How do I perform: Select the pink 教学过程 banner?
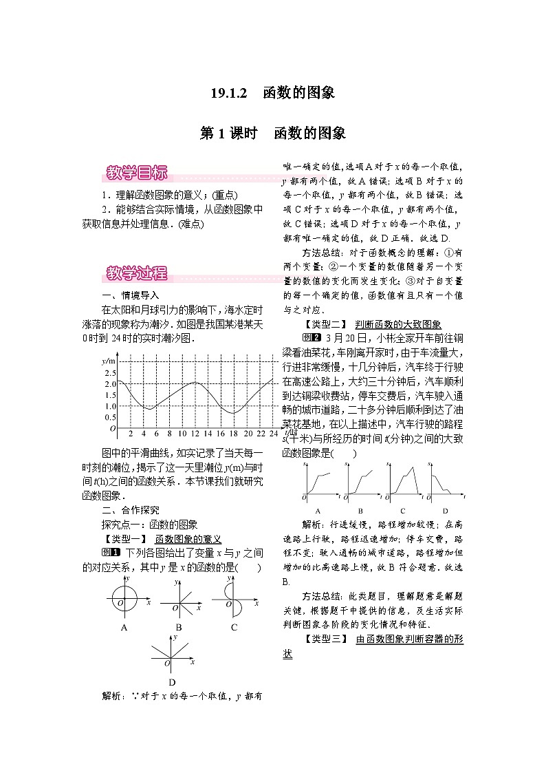pos(137,273)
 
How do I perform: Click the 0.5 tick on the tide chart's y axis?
pos(110,417)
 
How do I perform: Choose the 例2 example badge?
pos(312,337)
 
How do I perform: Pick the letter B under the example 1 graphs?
pos(178,627)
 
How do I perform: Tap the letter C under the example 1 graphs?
pos(234,627)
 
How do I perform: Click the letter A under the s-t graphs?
pos(318,511)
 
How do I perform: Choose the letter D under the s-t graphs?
pos(445,511)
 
